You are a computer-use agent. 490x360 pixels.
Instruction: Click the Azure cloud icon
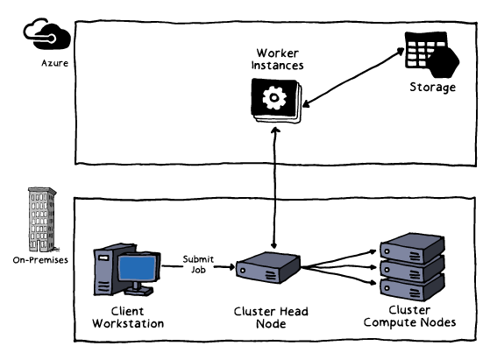[46, 33]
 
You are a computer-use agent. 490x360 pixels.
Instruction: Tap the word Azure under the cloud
[54, 63]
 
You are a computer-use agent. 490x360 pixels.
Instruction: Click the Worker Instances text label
[277, 59]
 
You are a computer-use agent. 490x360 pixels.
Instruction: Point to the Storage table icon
[431, 54]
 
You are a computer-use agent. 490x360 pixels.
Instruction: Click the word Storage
[432, 87]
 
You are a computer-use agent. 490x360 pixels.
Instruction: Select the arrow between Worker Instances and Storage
[353, 77]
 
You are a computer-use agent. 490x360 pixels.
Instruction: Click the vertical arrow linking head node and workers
[274, 188]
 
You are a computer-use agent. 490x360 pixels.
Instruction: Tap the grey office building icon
[42, 220]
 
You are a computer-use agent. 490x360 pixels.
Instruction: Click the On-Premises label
[40, 260]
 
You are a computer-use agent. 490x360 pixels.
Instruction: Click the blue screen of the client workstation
[138, 268]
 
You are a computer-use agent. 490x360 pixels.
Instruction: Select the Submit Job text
[198, 265]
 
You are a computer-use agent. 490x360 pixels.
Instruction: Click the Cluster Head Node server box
[268, 267]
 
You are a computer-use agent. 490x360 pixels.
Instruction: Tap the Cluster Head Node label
[271, 317]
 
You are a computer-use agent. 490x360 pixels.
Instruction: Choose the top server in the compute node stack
[412, 248]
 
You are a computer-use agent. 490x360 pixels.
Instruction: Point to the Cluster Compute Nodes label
[409, 316]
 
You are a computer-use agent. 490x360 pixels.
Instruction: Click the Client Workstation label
[128, 317]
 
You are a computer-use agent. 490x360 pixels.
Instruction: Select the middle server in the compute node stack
[412, 269]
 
